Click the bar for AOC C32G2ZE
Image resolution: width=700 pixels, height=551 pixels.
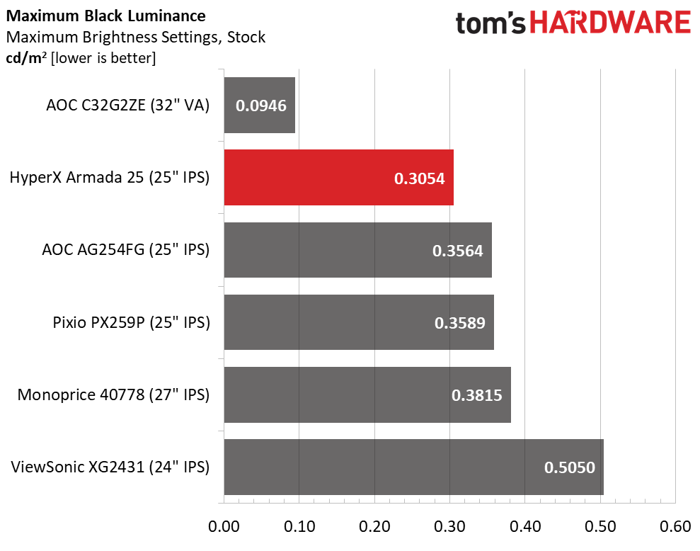tap(259, 105)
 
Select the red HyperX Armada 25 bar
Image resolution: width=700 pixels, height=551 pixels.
tap(339, 177)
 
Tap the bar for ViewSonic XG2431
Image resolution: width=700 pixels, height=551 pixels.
tap(414, 467)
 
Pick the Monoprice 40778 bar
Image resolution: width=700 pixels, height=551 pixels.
tap(367, 394)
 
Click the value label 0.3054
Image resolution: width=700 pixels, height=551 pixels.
tap(419, 178)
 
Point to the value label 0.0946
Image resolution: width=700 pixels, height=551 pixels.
tap(261, 106)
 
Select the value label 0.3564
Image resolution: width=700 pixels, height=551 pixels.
tap(458, 251)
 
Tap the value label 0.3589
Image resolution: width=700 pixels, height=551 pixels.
tap(460, 323)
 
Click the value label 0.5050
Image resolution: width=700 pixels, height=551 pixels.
tap(570, 467)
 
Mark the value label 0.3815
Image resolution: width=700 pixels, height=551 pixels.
tap(477, 395)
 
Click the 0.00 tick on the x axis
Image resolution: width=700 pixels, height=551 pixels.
tap(224, 526)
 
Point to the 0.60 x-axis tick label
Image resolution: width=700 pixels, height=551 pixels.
tap(675, 526)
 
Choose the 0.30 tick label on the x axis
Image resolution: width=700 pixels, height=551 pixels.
tap(449, 526)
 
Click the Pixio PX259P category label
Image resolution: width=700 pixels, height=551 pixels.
tap(131, 322)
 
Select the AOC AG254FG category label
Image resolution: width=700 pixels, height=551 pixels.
tap(126, 249)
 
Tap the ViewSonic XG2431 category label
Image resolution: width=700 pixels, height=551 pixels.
tap(110, 467)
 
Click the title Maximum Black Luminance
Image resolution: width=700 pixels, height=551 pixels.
tap(105, 16)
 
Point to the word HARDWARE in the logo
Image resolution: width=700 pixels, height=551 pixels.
tap(610, 23)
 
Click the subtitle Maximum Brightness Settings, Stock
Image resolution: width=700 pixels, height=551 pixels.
tap(136, 37)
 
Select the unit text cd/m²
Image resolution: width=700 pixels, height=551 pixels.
tap(26, 58)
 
